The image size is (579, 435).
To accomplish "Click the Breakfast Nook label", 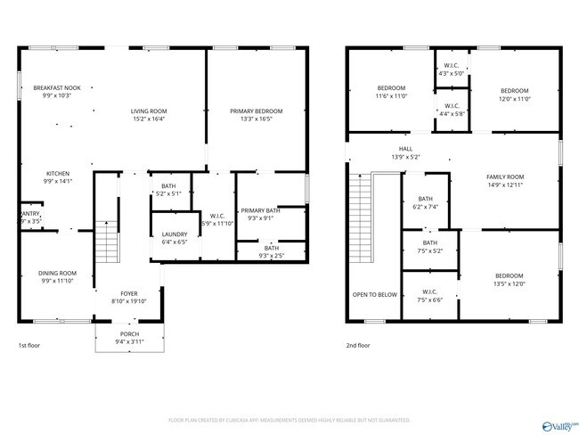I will [x=57, y=88].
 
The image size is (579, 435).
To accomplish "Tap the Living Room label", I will [x=149, y=111].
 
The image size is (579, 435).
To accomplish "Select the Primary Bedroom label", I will [x=257, y=111].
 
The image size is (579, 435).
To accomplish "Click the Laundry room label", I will [x=175, y=234].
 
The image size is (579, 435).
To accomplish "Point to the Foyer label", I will [x=130, y=293].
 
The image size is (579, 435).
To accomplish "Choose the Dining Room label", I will [x=57, y=273].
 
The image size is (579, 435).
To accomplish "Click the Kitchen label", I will [x=57, y=174].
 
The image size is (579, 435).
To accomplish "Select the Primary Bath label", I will [x=260, y=210].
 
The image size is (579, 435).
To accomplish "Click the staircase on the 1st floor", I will [x=106, y=239].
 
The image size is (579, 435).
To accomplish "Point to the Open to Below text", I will [x=374, y=294].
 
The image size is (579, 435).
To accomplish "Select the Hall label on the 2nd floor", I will [x=405, y=149].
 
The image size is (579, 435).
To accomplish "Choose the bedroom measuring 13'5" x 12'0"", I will [x=510, y=276].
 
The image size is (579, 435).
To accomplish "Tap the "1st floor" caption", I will [x=29, y=344].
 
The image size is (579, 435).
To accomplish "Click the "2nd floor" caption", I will [x=356, y=344].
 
